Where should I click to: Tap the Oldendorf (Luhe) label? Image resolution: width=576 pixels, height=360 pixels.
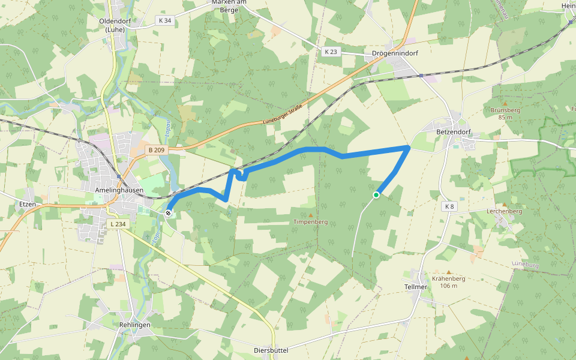click(x=115, y=25)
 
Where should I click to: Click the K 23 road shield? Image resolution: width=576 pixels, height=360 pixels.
click(x=330, y=52)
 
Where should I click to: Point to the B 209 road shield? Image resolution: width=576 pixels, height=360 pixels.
click(x=155, y=149)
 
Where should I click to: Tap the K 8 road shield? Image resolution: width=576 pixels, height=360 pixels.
click(x=449, y=206)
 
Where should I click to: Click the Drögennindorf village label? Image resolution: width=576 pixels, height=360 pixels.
click(x=395, y=53)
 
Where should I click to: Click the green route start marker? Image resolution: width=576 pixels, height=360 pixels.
click(x=376, y=194)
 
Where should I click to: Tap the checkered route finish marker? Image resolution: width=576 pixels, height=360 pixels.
click(x=169, y=212)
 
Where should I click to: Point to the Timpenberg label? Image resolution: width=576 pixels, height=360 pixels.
click(x=310, y=222)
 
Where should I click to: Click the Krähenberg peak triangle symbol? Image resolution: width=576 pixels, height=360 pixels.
click(x=448, y=272)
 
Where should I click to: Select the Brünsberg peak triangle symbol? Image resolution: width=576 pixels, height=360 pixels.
click(x=505, y=104)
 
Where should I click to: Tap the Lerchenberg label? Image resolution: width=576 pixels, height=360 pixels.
click(x=505, y=211)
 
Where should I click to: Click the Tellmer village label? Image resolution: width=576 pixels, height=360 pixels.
click(x=416, y=287)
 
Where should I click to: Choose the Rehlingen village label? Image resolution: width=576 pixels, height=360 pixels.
click(x=134, y=325)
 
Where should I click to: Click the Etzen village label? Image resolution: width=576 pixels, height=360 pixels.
click(x=28, y=205)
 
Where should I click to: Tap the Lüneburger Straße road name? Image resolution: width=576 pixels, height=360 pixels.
click(x=282, y=118)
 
